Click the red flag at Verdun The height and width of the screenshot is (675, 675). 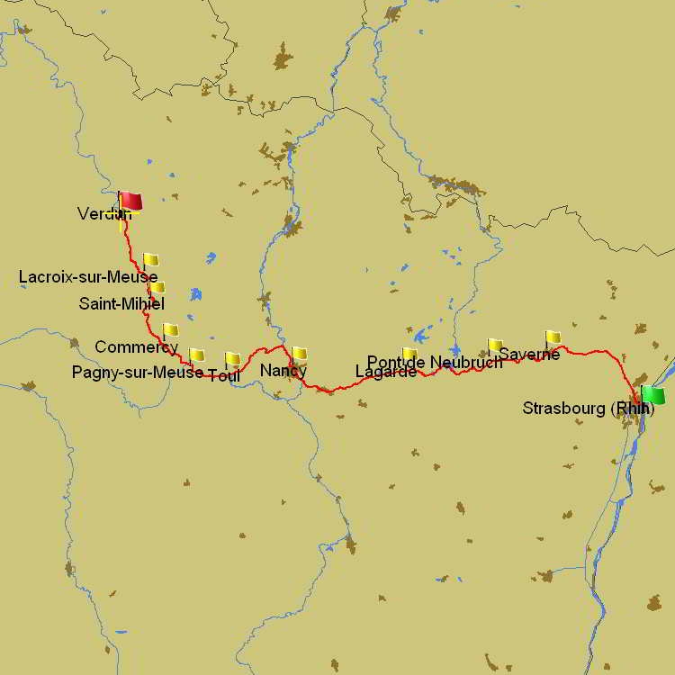click(131, 201)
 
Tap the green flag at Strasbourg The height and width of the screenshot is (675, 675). click(653, 395)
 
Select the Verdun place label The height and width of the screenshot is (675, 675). click(103, 213)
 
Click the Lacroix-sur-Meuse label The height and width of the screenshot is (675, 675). click(88, 277)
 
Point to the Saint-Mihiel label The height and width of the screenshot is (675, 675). click(121, 303)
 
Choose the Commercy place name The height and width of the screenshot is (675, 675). click(136, 346)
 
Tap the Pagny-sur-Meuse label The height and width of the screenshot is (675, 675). click(138, 372)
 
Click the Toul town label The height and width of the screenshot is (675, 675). click(224, 375)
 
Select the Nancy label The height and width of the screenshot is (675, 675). click(283, 370)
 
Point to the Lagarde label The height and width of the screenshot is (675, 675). click(386, 371)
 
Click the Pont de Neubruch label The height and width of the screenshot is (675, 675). click(435, 362)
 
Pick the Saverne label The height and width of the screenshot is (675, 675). click(529, 355)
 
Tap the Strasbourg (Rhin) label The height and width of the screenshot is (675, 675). click(589, 409)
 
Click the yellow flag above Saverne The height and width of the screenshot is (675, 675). click(553, 337)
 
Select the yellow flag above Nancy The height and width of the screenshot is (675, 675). click(300, 353)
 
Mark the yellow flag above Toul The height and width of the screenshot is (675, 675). click(233, 358)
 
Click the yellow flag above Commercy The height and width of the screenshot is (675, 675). click(170, 329)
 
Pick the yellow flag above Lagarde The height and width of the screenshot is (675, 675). click(410, 353)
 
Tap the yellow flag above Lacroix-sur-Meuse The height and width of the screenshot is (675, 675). click(150, 259)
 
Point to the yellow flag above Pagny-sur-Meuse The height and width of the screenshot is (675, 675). click(197, 355)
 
